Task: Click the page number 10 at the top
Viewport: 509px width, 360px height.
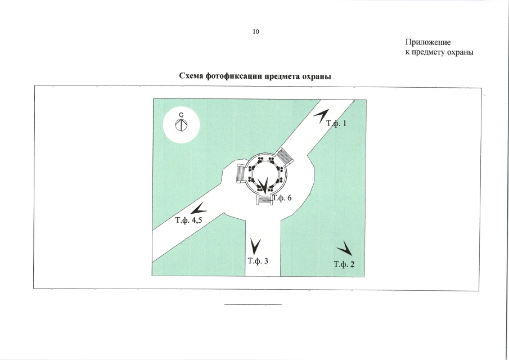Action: [x=255, y=31]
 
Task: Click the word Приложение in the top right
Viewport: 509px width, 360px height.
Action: [x=427, y=42]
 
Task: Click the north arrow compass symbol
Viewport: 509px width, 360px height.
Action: [x=181, y=125]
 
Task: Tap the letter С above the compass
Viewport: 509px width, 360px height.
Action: [x=181, y=115]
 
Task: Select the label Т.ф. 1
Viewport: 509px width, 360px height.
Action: [x=337, y=123]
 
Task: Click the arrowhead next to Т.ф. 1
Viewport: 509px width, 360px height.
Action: [x=321, y=115]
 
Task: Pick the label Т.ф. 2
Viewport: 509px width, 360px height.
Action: [x=344, y=264]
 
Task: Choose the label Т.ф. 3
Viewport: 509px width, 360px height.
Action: [x=258, y=261]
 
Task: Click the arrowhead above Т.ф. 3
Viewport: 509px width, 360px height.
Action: [x=256, y=245]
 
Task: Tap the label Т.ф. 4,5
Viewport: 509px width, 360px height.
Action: [x=188, y=220]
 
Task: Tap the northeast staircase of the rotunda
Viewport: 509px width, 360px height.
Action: [x=286, y=155]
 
